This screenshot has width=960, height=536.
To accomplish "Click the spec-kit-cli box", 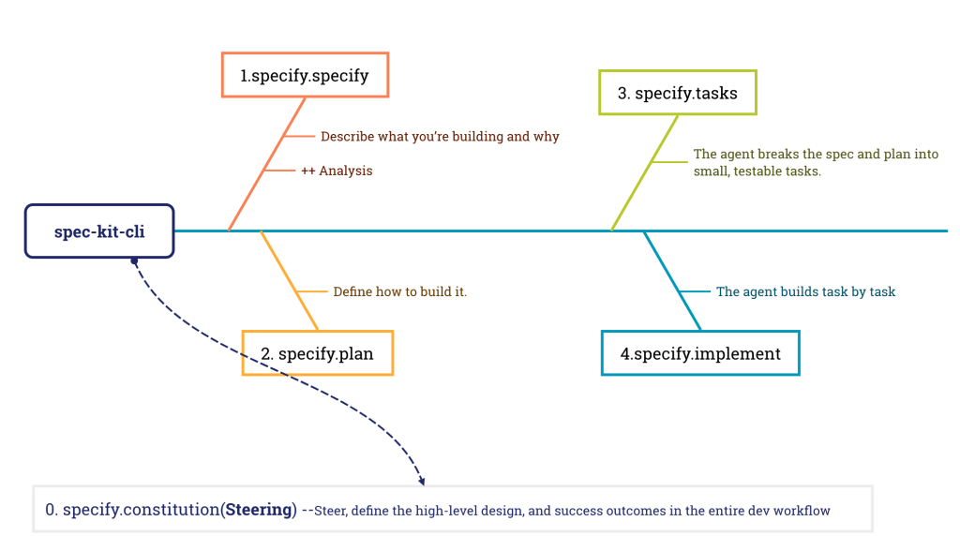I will coord(99,231).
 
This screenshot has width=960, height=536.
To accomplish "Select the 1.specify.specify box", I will coord(305,75).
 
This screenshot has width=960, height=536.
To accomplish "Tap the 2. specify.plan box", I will coord(317,353).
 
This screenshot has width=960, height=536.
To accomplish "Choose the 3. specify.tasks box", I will coord(677,93).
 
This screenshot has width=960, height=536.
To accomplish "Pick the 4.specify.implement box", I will coord(700,353).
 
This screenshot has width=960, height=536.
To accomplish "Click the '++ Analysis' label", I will coord(337,171).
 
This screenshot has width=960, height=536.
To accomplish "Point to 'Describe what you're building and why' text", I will coord(440,137).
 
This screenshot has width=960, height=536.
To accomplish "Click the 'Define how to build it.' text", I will coord(400,292).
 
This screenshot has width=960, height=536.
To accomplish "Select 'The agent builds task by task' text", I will coord(805,292).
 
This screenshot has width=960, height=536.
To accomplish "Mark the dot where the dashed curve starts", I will coord(135,261).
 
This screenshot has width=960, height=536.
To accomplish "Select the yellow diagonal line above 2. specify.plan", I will coord(290,280).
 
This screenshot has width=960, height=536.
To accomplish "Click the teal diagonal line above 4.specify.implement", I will coord(672,280).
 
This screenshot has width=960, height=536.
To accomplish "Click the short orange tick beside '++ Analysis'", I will coord(279,171).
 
